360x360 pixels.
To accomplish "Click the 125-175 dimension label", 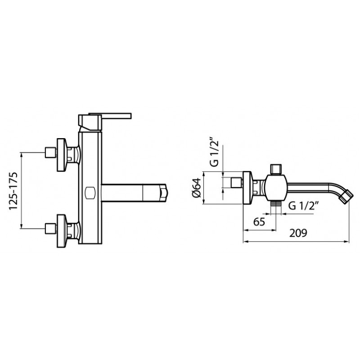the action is (x=13, y=190).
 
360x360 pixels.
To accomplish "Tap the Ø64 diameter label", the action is (x=196, y=188).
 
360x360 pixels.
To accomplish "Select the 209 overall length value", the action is (x=298, y=233).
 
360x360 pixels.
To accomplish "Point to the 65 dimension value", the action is (x=259, y=222).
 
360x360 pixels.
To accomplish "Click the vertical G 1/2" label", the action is (x=214, y=152).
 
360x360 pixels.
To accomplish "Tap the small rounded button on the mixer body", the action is (x=90, y=193).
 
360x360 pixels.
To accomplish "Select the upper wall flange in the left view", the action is (x=62, y=155).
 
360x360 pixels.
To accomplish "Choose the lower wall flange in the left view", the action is (x=62, y=231).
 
